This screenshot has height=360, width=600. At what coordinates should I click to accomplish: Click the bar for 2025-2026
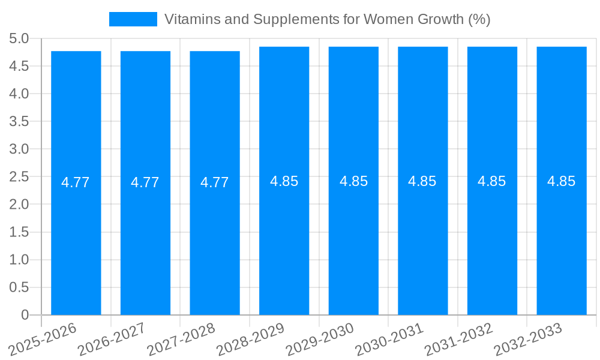tap(76, 240)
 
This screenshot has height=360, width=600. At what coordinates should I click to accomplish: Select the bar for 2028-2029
tap(284, 240)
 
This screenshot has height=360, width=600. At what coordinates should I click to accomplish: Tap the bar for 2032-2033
tap(561, 240)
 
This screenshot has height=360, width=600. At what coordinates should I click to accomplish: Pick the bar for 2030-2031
tap(422, 240)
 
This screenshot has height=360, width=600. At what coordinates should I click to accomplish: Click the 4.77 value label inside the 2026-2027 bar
tap(145, 182)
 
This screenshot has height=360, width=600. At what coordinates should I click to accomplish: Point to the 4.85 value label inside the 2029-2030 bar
tap(353, 181)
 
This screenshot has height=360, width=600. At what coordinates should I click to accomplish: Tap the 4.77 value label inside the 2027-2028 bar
tap(215, 182)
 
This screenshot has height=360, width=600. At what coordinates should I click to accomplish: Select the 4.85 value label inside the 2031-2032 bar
tap(492, 181)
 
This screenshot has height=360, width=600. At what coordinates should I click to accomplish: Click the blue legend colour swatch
tap(133, 19)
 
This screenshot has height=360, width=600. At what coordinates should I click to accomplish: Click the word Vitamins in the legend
tap(187, 19)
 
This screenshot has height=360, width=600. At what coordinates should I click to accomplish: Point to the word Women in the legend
tap(387, 19)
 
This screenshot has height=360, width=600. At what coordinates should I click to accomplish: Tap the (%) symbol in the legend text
tap(479, 19)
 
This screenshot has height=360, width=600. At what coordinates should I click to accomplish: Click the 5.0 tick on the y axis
tap(19, 39)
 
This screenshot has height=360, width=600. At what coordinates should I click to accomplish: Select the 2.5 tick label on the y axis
tap(19, 177)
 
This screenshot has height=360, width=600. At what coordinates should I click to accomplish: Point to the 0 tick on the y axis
tap(25, 315)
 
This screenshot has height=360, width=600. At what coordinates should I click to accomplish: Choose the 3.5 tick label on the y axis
tap(19, 122)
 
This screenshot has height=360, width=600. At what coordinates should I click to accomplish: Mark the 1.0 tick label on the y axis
tap(19, 260)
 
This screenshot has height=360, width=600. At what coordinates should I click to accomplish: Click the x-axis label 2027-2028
tap(181, 340)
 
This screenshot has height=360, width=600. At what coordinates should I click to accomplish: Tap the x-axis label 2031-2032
tap(459, 340)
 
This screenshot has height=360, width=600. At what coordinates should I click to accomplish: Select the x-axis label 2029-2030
tap(320, 340)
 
